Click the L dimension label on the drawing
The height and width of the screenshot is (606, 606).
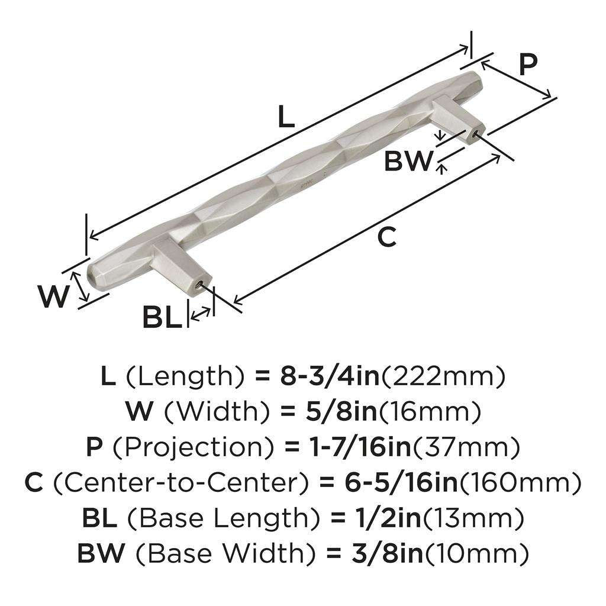(x=286, y=117)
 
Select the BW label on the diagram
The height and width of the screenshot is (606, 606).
(x=408, y=161)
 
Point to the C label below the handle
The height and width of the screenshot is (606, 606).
(x=386, y=237)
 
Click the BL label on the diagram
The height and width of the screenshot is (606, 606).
(x=161, y=318)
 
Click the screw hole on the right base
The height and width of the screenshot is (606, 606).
(x=476, y=134)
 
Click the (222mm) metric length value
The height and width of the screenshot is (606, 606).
(x=443, y=376)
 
